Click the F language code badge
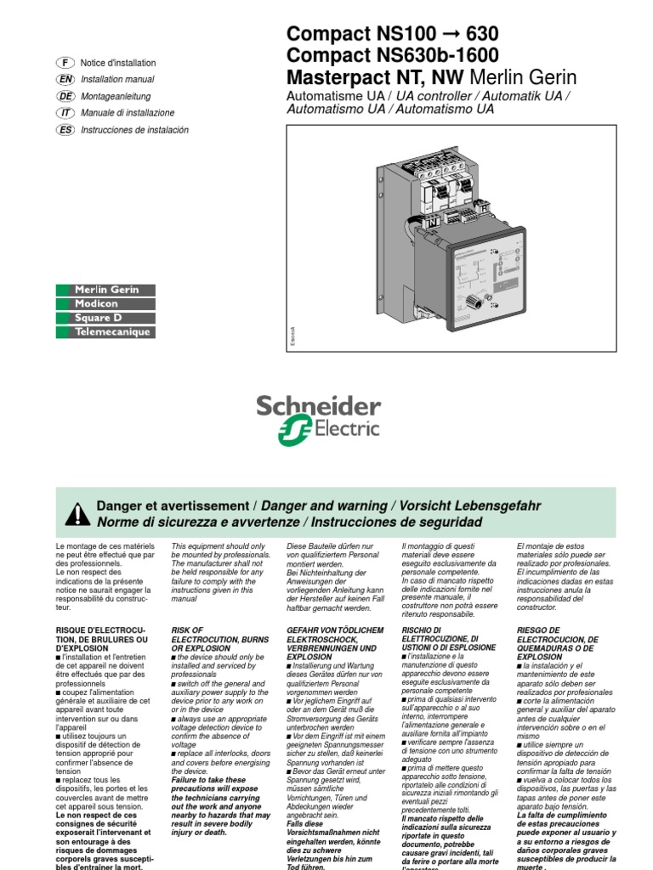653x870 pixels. point(65,63)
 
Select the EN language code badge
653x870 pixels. point(65,79)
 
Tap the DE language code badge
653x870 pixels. point(65,96)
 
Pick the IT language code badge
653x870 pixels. point(65,113)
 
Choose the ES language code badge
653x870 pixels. point(65,130)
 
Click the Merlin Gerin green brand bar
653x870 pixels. point(105,291)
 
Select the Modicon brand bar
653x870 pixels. point(105,304)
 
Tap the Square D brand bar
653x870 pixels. point(105,318)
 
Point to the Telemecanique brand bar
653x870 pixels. point(105,332)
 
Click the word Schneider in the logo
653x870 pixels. point(319,406)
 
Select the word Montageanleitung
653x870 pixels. point(115,96)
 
